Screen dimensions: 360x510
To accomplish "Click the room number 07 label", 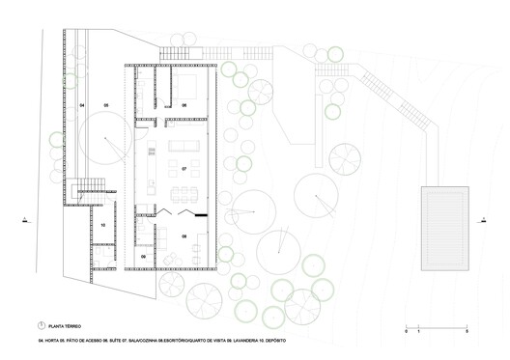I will [x=184, y=168].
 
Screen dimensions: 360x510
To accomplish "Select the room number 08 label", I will [x=184, y=235].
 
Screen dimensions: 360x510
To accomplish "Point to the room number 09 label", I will [x=143, y=257].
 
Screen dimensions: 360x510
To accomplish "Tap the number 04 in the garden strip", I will [x=82, y=103].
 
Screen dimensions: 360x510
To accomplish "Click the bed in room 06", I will [x=186, y=86].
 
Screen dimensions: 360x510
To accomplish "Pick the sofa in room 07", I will [x=184, y=149].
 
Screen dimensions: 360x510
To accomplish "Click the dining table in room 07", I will [x=184, y=188].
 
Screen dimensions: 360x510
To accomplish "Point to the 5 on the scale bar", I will [x=466, y=331].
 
